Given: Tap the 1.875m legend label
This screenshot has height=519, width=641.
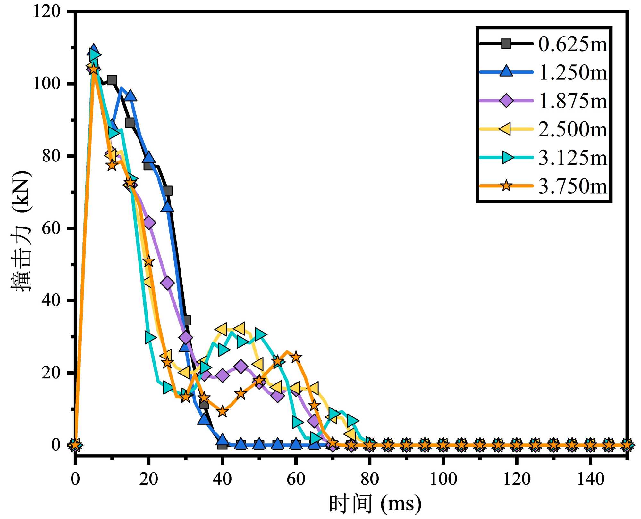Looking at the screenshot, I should pyautogui.click(x=573, y=101).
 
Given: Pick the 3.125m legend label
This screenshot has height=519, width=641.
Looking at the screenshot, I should pyautogui.click(x=573, y=158).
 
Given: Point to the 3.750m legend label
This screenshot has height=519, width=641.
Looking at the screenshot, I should pyautogui.click(x=573, y=186).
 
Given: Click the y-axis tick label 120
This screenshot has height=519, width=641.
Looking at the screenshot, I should pyautogui.click(x=47, y=12).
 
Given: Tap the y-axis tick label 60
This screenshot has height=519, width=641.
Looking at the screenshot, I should pyautogui.click(x=51, y=228).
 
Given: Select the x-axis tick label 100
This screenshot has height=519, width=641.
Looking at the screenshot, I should pyautogui.click(x=443, y=479).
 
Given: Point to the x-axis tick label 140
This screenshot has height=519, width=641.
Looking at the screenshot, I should pyautogui.click(x=590, y=479).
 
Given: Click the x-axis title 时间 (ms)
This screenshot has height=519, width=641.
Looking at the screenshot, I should pyautogui.click(x=375, y=504).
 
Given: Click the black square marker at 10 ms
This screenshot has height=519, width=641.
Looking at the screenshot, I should pyautogui.click(x=112, y=80).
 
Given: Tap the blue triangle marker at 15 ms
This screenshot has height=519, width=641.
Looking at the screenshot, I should pyautogui.click(x=130, y=96).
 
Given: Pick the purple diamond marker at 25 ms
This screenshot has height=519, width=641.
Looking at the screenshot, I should pyautogui.click(x=167, y=283).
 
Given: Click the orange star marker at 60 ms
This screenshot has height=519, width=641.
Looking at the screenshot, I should pyautogui.click(x=296, y=357).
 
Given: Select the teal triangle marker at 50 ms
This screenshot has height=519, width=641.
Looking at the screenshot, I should pyautogui.click(x=260, y=334).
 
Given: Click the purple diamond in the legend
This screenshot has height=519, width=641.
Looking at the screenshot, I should pyautogui.click(x=506, y=101).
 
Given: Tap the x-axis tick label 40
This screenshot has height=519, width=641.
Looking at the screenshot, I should pyautogui.click(x=222, y=479).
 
